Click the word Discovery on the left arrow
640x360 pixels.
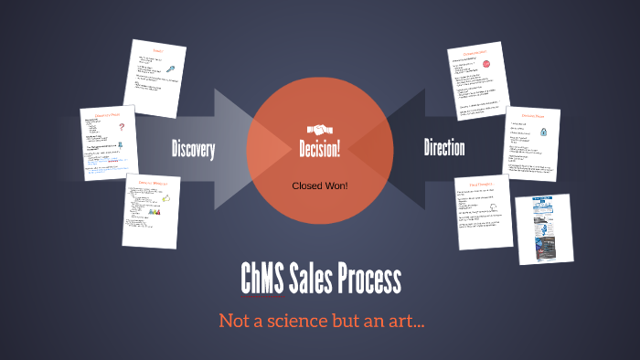tap(193, 149)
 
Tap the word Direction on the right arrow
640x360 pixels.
tap(444, 147)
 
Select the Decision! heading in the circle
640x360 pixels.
tap(320, 149)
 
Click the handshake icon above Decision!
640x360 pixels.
tap(320, 128)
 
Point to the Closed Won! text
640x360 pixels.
tap(320, 185)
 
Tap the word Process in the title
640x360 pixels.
tap(373, 278)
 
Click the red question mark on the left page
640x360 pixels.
tap(121, 129)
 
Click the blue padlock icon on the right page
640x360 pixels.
tap(545, 131)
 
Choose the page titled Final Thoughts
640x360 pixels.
tap(484, 212)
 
